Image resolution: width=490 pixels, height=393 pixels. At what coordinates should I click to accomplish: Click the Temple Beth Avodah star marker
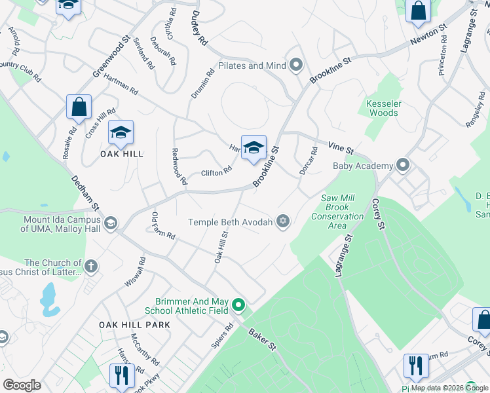283,221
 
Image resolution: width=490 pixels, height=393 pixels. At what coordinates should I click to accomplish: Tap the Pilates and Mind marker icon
296,65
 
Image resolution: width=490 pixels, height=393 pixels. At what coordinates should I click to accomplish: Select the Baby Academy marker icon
402,166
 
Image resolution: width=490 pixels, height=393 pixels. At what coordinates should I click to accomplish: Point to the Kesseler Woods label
383,108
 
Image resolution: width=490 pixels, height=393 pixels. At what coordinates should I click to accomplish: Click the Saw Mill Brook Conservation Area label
337,212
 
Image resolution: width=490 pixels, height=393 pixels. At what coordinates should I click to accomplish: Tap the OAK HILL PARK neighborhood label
134,325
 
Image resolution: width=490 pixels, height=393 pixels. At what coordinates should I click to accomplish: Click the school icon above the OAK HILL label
121,133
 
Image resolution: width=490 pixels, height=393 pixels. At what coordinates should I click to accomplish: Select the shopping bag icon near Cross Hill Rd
79,108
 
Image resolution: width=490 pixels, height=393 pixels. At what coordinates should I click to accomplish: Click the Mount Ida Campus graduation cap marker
110,223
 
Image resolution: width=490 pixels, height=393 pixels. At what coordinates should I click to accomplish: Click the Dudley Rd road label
200,28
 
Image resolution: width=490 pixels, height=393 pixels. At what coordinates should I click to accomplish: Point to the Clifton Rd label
216,172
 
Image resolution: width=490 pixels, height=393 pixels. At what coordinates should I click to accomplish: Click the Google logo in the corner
22,385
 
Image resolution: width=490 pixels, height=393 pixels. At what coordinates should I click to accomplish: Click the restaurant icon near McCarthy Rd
121,375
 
